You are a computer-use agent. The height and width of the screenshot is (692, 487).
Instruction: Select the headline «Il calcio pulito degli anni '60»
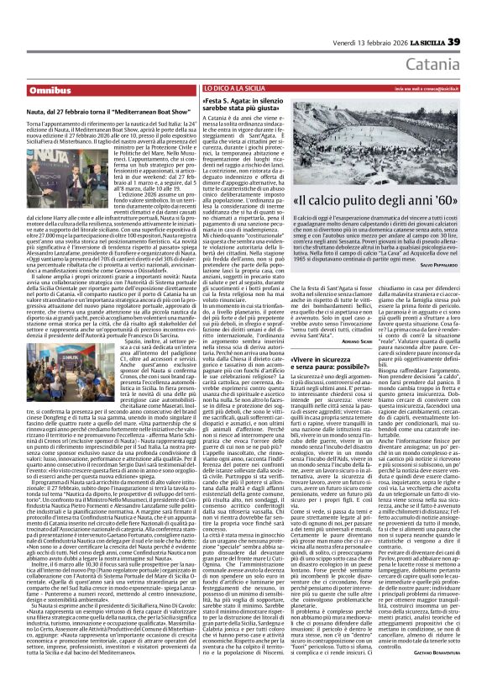tap(373, 202)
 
